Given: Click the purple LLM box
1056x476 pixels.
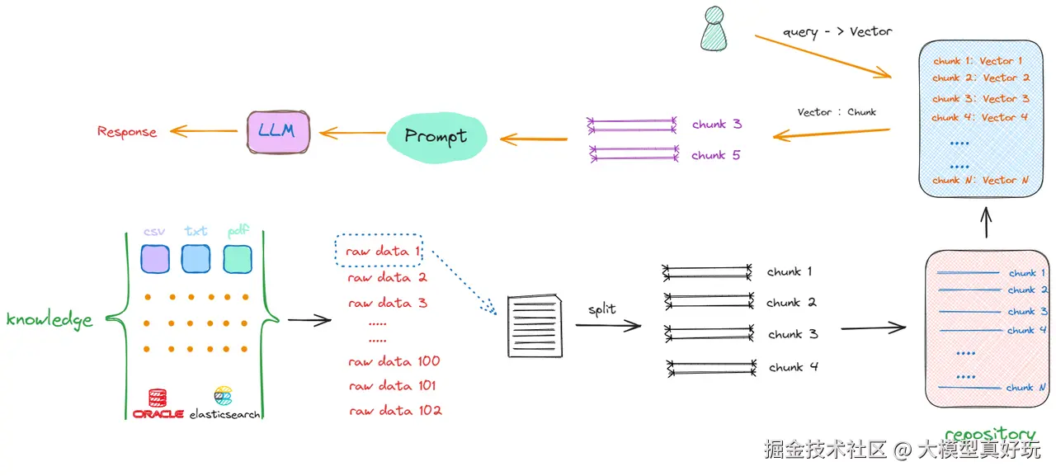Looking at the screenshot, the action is tap(278, 132).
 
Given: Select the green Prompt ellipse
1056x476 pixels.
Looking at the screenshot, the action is tap(436, 138).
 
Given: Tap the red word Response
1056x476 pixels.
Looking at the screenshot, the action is tap(127, 131).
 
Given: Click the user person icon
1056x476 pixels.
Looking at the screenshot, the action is tap(714, 28).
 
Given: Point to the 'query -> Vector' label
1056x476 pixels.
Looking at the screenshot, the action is tap(837, 32).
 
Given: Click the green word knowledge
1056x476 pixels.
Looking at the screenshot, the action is tap(49, 319).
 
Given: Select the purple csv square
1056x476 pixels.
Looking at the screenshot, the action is tap(155, 259).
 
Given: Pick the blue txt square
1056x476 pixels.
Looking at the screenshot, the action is tap(196, 258).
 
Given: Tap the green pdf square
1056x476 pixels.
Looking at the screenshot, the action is tap(237, 259).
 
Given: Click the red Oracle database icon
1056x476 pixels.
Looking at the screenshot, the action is tap(158, 398).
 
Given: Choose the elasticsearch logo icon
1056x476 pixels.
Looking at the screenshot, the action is tap(223, 396).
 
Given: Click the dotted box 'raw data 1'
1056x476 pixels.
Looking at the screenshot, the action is tap(379, 250).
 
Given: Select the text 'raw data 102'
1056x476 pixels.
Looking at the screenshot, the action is tap(395, 411).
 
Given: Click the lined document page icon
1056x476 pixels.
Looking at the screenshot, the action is tap(535, 326).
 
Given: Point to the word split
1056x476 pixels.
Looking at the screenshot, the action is tap(602, 309).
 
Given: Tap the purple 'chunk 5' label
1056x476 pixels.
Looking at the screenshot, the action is tap(715, 155).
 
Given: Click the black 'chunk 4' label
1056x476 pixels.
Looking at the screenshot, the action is tap(794, 366).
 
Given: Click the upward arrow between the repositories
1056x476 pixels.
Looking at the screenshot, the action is tap(986, 223).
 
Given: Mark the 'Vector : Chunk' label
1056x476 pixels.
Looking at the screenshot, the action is tap(837, 112).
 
